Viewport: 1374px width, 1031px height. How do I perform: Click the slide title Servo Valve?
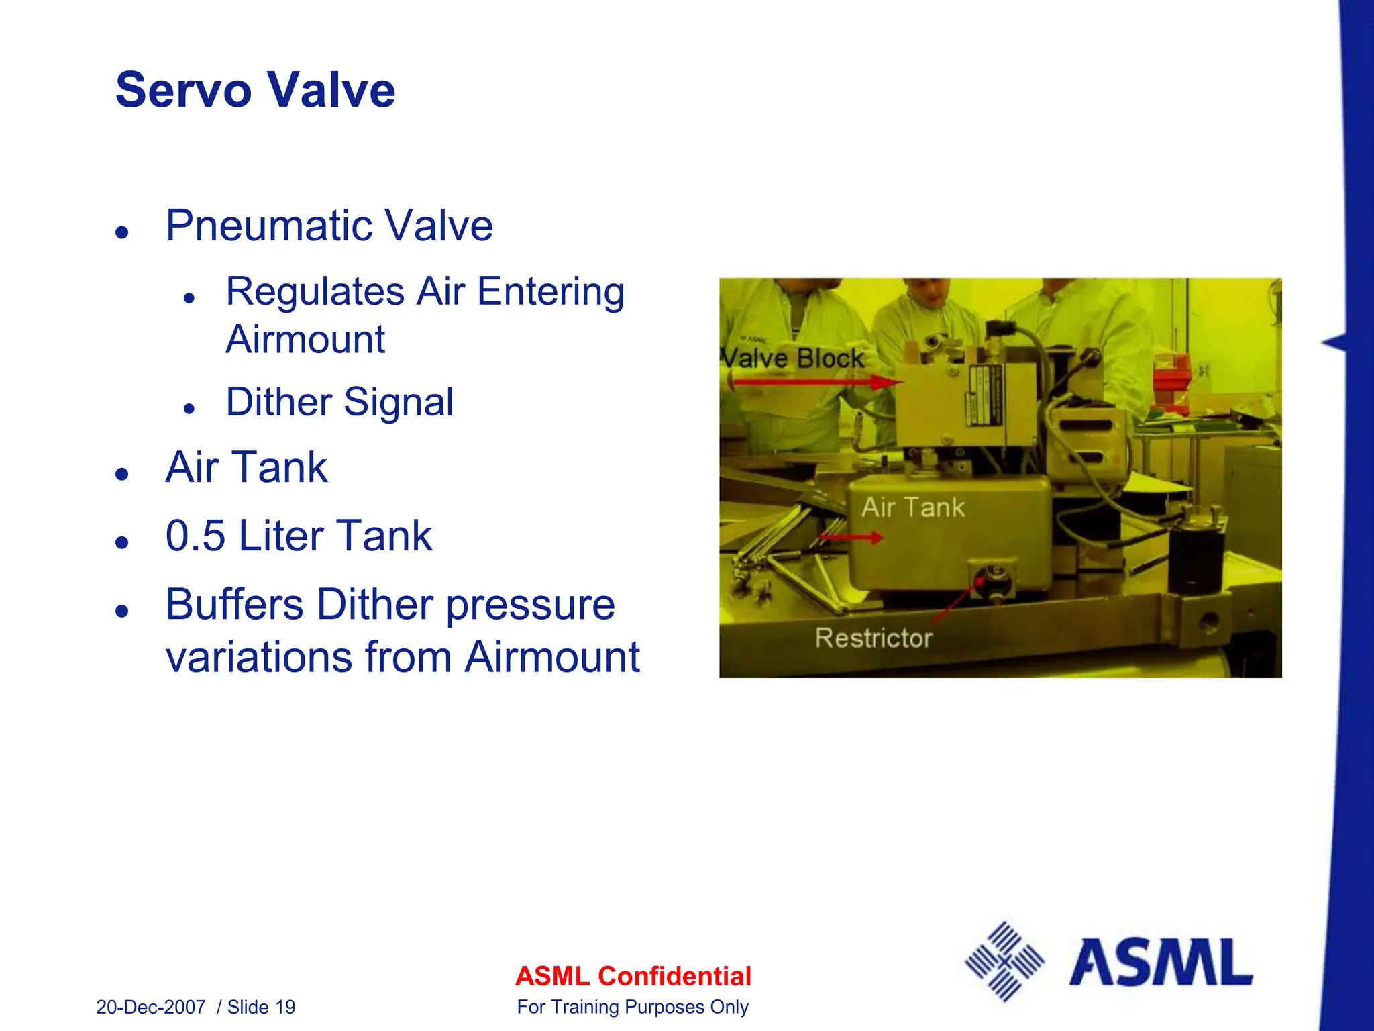tap(255, 90)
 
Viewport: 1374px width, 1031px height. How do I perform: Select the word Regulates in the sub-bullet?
tap(315, 293)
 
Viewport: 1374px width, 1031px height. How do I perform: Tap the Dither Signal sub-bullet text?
tap(339, 402)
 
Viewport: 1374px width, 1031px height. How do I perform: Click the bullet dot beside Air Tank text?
tap(121, 474)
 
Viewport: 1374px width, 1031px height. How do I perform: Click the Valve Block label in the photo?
tap(793, 358)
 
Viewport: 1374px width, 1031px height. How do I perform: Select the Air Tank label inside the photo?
tap(913, 507)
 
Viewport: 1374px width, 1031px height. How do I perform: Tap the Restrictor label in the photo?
tap(874, 638)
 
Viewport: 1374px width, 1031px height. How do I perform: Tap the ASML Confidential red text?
tap(633, 976)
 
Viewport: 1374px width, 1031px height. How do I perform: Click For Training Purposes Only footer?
tap(633, 1007)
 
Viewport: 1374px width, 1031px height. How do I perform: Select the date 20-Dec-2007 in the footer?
tap(151, 1007)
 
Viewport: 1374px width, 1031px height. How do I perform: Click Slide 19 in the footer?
tap(262, 1007)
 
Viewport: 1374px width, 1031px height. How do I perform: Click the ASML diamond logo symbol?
tap(1004, 962)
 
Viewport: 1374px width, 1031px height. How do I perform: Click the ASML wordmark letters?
tap(1161, 963)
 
